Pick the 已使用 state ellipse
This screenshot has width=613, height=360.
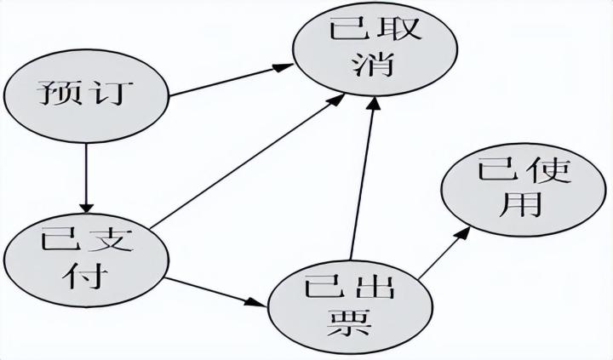tap(510, 191)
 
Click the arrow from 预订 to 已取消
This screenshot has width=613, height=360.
tap(230, 78)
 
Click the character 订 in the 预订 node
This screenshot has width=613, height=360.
tap(114, 94)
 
